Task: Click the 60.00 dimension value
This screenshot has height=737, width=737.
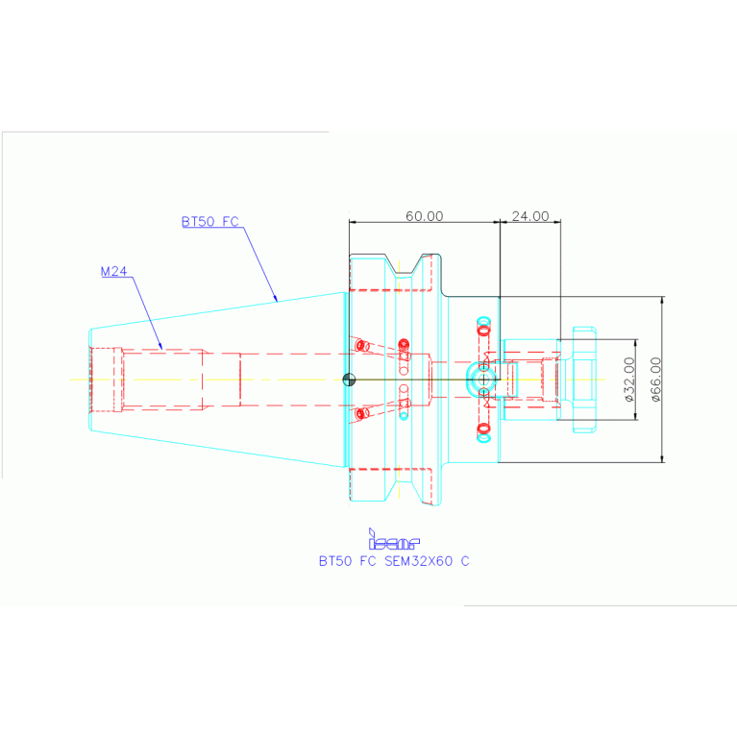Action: (x=424, y=216)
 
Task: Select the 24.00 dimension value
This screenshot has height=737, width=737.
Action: (x=529, y=216)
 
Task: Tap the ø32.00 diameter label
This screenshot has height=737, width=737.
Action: (x=628, y=379)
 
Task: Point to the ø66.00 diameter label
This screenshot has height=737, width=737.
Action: (x=655, y=379)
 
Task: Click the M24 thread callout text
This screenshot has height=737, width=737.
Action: (x=114, y=272)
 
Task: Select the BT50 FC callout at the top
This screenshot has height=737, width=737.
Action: (x=209, y=222)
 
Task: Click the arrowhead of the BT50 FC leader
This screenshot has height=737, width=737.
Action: (x=278, y=301)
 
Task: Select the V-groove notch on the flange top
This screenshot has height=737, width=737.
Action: (x=415, y=269)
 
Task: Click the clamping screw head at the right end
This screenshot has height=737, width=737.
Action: (x=581, y=379)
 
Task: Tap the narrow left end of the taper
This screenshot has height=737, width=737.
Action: (x=90, y=380)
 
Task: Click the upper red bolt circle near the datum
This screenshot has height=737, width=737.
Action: (x=360, y=345)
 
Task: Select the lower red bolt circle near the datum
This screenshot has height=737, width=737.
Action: (x=360, y=414)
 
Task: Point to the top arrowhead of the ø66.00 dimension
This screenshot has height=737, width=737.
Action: (x=662, y=299)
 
